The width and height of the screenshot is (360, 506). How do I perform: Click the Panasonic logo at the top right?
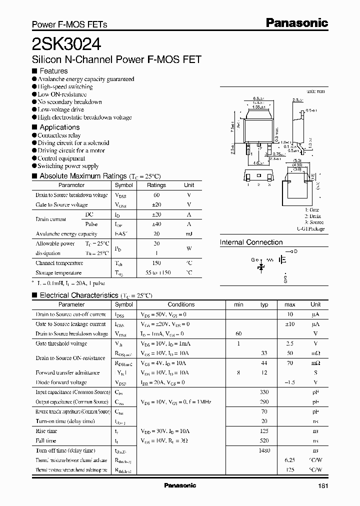click(297, 22)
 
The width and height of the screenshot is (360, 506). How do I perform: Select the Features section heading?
click(53, 71)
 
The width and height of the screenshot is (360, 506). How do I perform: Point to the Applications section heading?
click(59, 127)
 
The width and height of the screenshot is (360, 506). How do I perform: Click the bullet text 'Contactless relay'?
click(59, 135)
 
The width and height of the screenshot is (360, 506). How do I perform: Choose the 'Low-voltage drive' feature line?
click(61, 109)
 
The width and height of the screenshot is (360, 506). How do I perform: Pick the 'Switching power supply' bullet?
click(68, 166)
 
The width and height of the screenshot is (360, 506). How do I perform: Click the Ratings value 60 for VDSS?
click(156, 195)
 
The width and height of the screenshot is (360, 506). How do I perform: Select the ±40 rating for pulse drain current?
click(156, 224)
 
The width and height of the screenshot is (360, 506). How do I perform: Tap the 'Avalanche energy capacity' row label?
click(66, 233)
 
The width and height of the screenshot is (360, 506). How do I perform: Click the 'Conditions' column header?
click(181, 304)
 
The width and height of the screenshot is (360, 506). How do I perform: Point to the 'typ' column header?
click(264, 304)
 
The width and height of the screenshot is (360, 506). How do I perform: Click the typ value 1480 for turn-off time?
click(264, 450)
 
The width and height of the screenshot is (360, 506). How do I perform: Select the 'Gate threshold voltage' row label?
click(61, 343)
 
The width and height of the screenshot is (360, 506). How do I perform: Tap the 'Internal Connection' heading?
click(251, 242)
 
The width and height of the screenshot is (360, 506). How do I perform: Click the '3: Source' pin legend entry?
click(314, 222)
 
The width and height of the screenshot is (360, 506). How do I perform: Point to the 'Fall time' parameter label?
click(46, 440)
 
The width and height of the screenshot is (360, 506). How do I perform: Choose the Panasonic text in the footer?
click(180, 485)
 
